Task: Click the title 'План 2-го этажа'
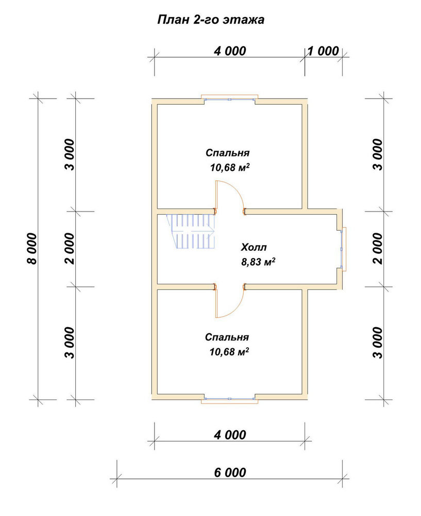211,20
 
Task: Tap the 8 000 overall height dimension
32,249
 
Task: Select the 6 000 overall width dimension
230,473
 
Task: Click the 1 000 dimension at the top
323,51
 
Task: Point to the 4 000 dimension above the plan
230,51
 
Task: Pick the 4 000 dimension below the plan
230,434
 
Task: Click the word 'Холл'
254,247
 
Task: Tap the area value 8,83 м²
258,262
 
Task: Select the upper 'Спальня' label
228,153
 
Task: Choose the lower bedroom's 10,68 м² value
229,352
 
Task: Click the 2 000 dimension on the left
70,249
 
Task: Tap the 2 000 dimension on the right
378,249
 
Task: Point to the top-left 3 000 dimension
70,155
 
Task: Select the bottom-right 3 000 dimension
378,343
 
